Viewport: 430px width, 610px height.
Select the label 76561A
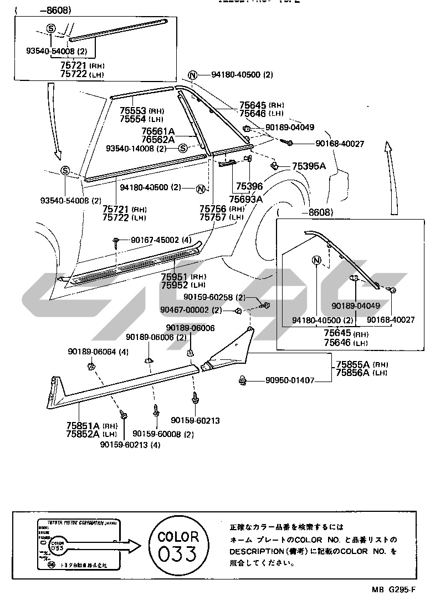[x=157, y=131]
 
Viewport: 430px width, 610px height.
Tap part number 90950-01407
[x=290, y=380]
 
